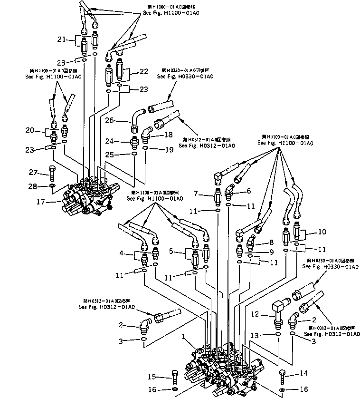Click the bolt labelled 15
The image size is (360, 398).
tap(175, 378)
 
